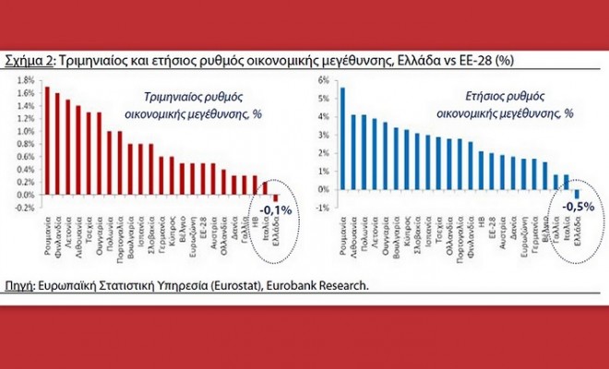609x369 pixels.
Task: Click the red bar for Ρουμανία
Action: point(47,142)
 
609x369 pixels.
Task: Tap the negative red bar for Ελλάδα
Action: point(274,197)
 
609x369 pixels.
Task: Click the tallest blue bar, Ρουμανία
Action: point(342,138)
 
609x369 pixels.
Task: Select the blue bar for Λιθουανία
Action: point(353,152)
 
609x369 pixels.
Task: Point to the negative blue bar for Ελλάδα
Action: point(577,194)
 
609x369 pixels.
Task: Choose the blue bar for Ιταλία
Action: point(567,182)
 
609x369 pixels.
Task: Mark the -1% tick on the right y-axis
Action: point(322,207)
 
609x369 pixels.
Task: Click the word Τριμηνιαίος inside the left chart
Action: point(175,97)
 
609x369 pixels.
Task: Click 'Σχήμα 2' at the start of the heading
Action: point(30,61)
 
